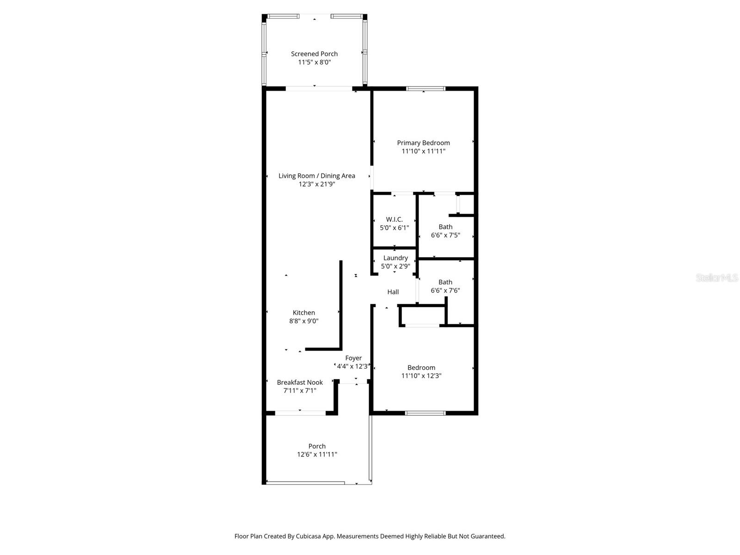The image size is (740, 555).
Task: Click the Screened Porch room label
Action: click(x=314, y=54)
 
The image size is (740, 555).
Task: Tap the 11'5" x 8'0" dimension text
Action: click(x=314, y=62)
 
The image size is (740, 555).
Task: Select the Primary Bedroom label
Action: click(x=423, y=143)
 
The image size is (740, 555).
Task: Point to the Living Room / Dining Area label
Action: click(x=317, y=176)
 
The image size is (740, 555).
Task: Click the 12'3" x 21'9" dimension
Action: click(x=317, y=184)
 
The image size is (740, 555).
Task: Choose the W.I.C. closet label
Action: click(x=394, y=219)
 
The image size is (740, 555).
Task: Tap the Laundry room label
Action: click(x=395, y=258)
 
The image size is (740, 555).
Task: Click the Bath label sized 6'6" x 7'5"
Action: click(x=445, y=227)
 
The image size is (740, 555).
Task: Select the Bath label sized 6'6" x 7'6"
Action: click(x=445, y=282)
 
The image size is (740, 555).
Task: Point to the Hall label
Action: click(x=393, y=292)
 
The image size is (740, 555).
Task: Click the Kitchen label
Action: click(x=304, y=313)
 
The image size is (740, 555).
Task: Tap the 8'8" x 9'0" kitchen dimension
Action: click(x=304, y=321)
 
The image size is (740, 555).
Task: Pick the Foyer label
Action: click(x=353, y=358)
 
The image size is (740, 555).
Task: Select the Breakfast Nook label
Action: click(x=300, y=382)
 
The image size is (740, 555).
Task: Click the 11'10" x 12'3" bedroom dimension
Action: click(x=421, y=376)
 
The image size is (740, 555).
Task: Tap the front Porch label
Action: click(x=317, y=446)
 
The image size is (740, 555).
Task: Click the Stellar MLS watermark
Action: click(x=717, y=278)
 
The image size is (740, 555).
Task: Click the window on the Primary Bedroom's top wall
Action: click(x=425, y=88)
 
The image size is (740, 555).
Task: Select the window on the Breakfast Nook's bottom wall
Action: click(x=300, y=413)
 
